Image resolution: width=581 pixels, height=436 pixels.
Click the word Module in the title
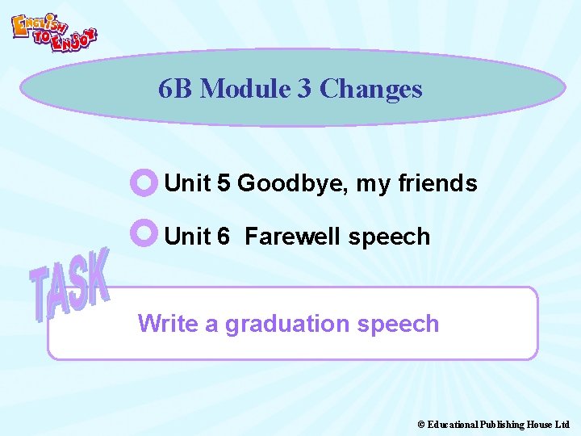click(x=245, y=89)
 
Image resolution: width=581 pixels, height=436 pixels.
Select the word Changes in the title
click(x=370, y=89)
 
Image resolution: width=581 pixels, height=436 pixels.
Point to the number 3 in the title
click(x=304, y=89)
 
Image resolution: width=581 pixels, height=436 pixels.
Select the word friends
click(x=437, y=183)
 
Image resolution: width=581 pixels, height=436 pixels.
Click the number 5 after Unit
click(x=224, y=183)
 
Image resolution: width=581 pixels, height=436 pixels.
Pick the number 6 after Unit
click(x=224, y=237)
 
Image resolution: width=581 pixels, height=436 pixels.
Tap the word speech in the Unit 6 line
click(x=389, y=237)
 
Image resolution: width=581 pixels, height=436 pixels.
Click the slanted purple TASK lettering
click(x=70, y=284)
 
